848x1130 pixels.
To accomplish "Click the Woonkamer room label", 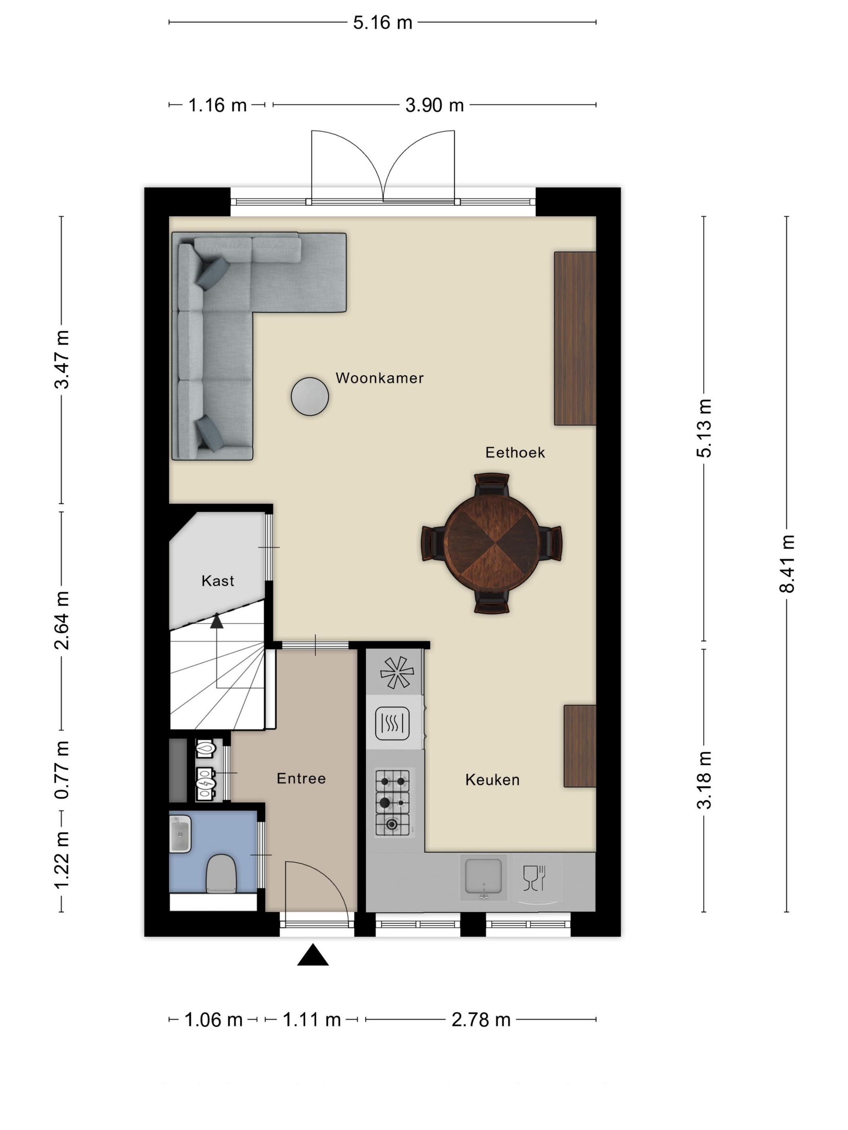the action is point(379,378).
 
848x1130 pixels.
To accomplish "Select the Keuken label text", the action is point(492,780).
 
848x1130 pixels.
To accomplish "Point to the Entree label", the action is point(301,778).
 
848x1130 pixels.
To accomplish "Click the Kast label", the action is point(218,580).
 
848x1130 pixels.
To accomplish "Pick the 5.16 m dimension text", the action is point(382,23).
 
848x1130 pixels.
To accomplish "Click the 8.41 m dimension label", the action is point(787,564).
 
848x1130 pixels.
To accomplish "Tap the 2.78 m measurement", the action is point(481,1020).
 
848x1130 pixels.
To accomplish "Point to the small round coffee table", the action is point(310,396).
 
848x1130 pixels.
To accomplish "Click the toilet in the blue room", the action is point(221,874).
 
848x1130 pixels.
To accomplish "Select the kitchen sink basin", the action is point(483,877).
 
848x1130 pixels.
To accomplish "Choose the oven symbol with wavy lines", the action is point(392,723).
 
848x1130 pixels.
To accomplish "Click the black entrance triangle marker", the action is point(313,954).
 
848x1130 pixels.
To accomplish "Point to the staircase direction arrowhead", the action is point(217,621).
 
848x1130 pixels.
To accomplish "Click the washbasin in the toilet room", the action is point(180,834).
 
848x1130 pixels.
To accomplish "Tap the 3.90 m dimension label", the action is point(434,105).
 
